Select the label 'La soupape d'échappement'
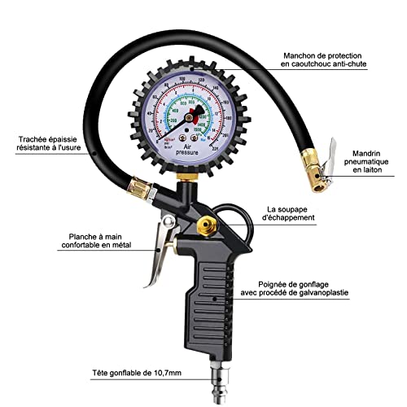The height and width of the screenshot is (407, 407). [301, 214]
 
